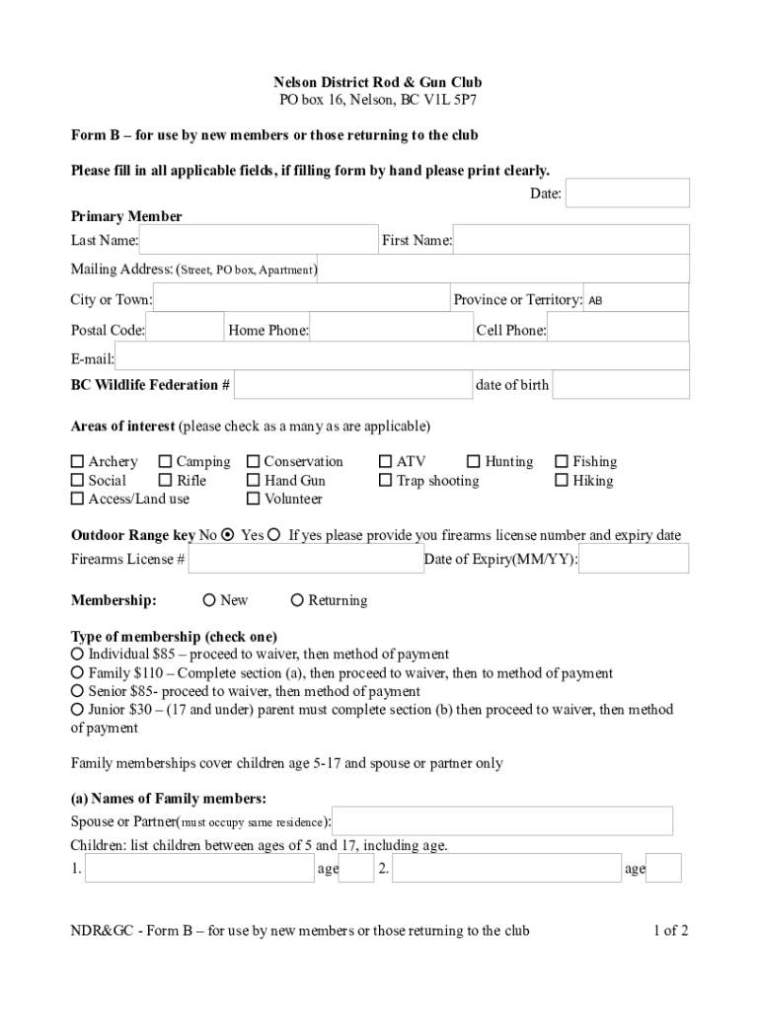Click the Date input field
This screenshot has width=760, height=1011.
[x=627, y=194]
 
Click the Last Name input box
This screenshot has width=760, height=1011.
[x=259, y=240]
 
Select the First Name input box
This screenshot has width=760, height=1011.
[x=570, y=240]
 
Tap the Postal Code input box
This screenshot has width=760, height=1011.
[x=185, y=330]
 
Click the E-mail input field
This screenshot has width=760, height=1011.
[x=402, y=358]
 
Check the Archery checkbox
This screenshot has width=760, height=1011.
[x=78, y=462]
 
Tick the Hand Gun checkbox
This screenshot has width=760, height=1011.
[x=254, y=481]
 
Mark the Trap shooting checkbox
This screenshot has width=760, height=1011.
[x=386, y=481]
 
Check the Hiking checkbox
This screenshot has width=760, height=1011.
[x=563, y=481]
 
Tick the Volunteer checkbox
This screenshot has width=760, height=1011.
[x=254, y=500]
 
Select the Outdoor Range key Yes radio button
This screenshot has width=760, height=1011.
[x=274, y=535]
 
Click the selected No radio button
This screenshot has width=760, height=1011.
[x=228, y=535]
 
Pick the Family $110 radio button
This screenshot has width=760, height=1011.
[x=78, y=673]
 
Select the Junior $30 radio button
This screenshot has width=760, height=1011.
[x=78, y=709]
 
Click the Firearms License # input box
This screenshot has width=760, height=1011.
[x=306, y=560]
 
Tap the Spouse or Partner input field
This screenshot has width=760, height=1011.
[x=503, y=820]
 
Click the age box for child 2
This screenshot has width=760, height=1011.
[x=663, y=869]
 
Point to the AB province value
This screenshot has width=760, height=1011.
[x=596, y=300]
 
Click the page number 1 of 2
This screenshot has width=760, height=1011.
[x=670, y=930]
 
